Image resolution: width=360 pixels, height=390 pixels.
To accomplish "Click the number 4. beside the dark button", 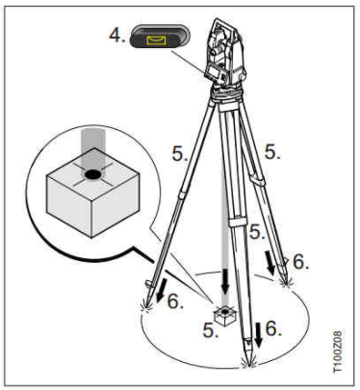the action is coord(117,35).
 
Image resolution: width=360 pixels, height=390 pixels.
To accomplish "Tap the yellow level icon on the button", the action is coord(156,40).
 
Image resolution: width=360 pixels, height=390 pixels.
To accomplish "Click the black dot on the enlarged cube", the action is coord(93,174).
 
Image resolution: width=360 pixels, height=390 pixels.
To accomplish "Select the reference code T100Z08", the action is coord(338,351).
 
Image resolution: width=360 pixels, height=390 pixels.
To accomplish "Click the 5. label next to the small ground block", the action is coord(211,329).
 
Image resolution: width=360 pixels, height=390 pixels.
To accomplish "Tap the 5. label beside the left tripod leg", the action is coord(180,153).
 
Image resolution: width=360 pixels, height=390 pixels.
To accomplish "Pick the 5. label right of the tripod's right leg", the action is coord(272,152).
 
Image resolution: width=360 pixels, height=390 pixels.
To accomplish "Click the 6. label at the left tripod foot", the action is coord(175,301).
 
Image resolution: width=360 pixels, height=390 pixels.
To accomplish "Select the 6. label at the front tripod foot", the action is coord(273,328).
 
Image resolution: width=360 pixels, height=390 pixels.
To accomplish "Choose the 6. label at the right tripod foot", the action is coord(300,262).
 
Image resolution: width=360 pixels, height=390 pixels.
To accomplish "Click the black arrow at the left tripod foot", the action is coord(162,291).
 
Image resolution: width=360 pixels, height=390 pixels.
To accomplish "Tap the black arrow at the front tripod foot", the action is coord(259,335).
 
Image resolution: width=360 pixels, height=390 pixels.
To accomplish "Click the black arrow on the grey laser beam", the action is coord(225,281).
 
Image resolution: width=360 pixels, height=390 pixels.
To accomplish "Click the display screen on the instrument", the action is coord(213,70).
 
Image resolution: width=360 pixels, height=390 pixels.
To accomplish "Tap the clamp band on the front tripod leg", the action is coord(238,222).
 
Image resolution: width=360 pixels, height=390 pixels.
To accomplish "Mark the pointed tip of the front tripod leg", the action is coord(249,365).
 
